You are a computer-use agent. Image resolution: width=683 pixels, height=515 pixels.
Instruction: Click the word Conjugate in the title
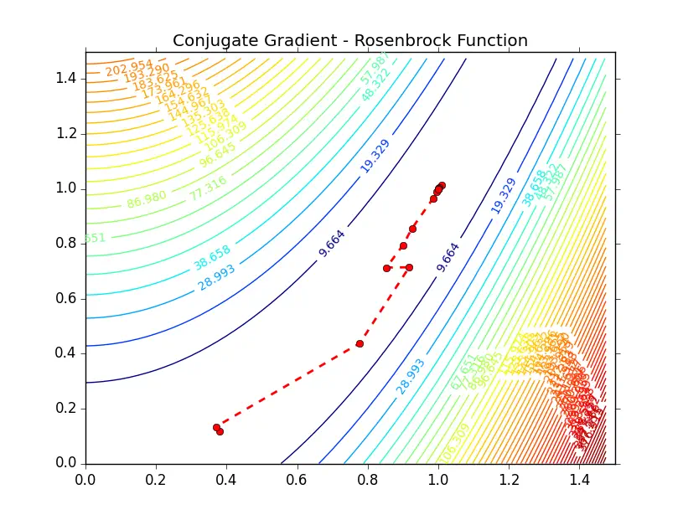[x=211, y=40]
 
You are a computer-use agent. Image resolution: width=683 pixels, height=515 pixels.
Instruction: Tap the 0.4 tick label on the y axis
[x=66, y=353]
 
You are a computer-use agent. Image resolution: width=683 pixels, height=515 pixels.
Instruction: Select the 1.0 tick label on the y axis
[x=66, y=188]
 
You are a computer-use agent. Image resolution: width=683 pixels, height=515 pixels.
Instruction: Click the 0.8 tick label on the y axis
[x=66, y=244]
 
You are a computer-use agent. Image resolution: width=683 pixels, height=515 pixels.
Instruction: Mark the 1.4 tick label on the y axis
[x=66, y=79]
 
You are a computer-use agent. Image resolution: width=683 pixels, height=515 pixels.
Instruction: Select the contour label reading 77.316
[x=208, y=188]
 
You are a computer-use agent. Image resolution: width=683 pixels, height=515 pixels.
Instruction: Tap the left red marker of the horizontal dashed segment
[x=386, y=268]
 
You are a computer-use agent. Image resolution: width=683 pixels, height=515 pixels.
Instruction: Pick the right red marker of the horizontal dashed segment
[x=409, y=268]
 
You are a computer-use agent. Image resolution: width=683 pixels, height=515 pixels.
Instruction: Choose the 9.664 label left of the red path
[x=332, y=241]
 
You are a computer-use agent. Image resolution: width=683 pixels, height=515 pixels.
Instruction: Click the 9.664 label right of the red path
[x=448, y=257]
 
